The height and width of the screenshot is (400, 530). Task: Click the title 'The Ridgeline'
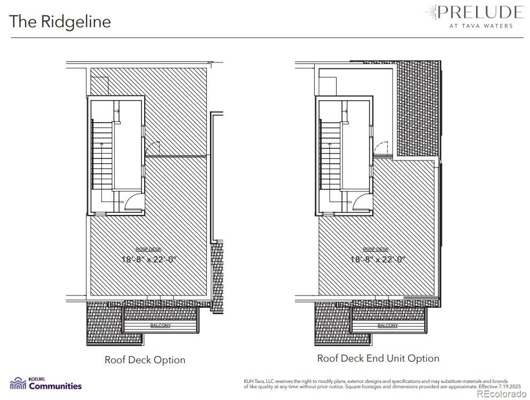tap(60, 21)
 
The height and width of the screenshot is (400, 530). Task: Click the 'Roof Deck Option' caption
tap(145, 360)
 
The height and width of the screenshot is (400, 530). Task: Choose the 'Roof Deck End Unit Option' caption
tap(378, 358)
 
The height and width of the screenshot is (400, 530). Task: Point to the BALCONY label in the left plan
tap(160, 325)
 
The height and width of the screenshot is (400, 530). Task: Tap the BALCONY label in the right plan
tap(388, 325)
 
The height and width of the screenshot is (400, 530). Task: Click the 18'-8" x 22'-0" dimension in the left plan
tap(149, 260)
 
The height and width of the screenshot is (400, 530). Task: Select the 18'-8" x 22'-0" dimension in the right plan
tap(378, 260)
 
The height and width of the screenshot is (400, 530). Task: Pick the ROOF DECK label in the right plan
tap(375, 250)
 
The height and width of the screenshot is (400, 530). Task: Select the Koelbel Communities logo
tap(46, 383)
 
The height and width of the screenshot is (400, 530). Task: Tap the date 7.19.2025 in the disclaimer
tap(509, 386)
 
